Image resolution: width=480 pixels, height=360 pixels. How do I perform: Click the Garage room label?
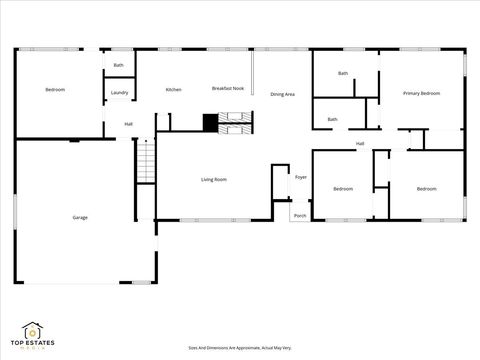[79, 217]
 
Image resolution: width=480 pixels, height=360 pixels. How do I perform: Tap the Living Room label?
[213, 179]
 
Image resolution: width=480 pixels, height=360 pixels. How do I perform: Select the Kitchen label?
[173, 90]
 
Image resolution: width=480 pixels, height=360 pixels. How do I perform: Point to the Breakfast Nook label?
[228, 88]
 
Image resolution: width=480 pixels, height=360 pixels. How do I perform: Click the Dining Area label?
[282, 94]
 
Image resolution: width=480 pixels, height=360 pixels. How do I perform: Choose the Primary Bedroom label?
[421, 93]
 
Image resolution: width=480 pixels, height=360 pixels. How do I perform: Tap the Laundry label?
[120, 93]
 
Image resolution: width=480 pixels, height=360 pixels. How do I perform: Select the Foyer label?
[300, 177]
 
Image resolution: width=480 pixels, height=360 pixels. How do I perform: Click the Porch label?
[300, 215]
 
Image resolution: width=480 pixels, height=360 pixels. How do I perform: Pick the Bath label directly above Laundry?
[118, 65]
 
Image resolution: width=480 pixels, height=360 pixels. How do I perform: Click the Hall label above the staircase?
[129, 124]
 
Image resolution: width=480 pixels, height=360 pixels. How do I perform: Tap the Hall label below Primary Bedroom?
[359, 144]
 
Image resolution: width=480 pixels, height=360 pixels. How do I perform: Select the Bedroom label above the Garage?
[55, 90]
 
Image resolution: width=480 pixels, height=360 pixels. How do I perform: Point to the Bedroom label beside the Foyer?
[343, 188]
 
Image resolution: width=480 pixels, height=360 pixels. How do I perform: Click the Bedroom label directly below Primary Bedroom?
[426, 188]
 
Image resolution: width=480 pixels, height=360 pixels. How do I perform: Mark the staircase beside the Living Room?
[146, 161]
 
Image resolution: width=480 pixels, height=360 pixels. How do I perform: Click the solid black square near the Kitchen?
[210, 122]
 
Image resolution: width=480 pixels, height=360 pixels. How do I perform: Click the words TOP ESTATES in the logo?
[33, 343]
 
